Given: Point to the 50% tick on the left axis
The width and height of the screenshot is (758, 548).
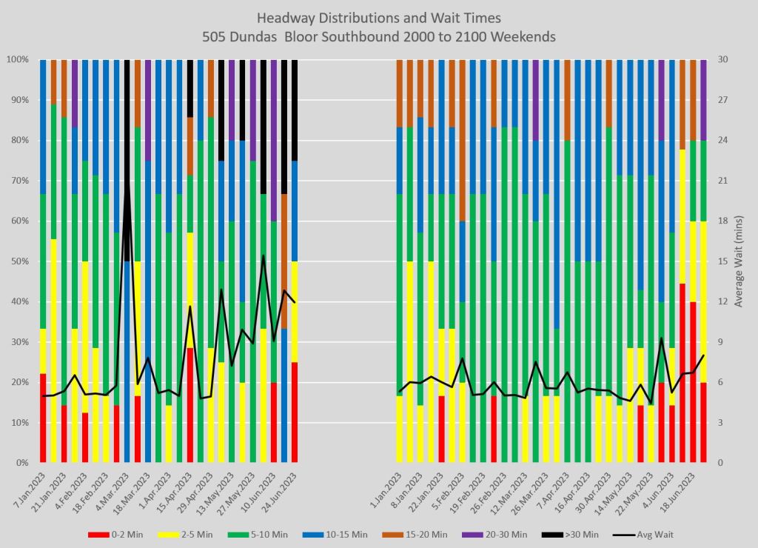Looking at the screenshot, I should click(18, 261).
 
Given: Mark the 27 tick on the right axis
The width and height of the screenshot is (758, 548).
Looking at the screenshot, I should click(723, 100).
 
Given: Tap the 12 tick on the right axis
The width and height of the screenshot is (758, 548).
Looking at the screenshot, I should click(723, 301).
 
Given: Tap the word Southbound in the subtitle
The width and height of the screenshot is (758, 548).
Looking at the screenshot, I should click(372, 36).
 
